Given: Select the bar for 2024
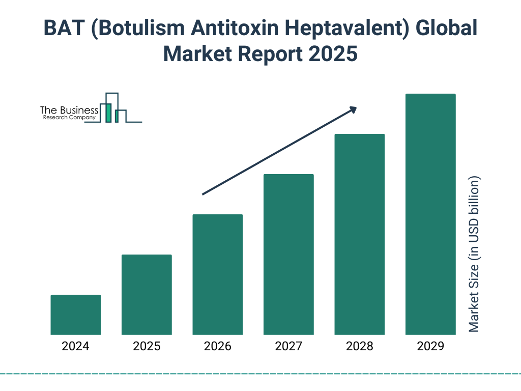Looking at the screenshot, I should pyautogui.click(x=76, y=315).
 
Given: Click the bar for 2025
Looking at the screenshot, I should pyautogui.click(x=147, y=294).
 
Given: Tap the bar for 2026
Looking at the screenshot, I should pyautogui.click(x=218, y=274).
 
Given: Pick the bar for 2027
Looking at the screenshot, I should pyautogui.click(x=288, y=255).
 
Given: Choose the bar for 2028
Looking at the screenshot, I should pyautogui.click(x=359, y=234).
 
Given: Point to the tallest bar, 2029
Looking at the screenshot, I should pyautogui.click(x=430, y=214).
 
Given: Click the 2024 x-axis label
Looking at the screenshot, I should pyautogui.click(x=76, y=347).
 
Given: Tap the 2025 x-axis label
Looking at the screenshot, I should pyautogui.click(x=147, y=347).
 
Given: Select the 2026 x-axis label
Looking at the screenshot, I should pyautogui.click(x=218, y=347).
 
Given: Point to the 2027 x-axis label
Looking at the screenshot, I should pyautogui.click(x=288, y=347).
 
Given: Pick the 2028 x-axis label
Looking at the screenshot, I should pyautogui.click(x=359, y=347).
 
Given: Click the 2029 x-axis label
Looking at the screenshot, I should pyautogui.click(x=430, y=347).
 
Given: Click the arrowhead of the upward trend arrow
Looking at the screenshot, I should pyautogui.click(x=353, y=109).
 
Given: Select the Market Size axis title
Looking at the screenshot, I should pyautogui.click(x=474, y=255).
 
